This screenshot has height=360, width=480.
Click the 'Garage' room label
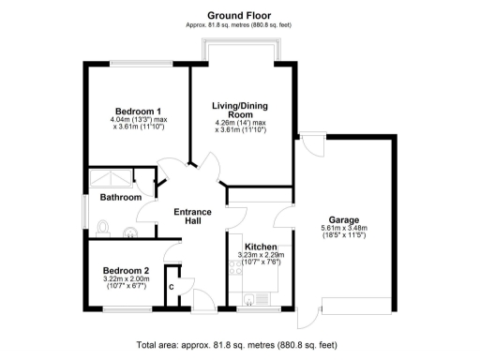point(343,218)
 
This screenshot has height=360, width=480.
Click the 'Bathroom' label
point(122,198)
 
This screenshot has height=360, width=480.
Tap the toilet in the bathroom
point(104,225)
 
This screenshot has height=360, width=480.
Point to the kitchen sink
point(250,299)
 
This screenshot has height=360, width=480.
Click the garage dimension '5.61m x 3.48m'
point(343,229)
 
